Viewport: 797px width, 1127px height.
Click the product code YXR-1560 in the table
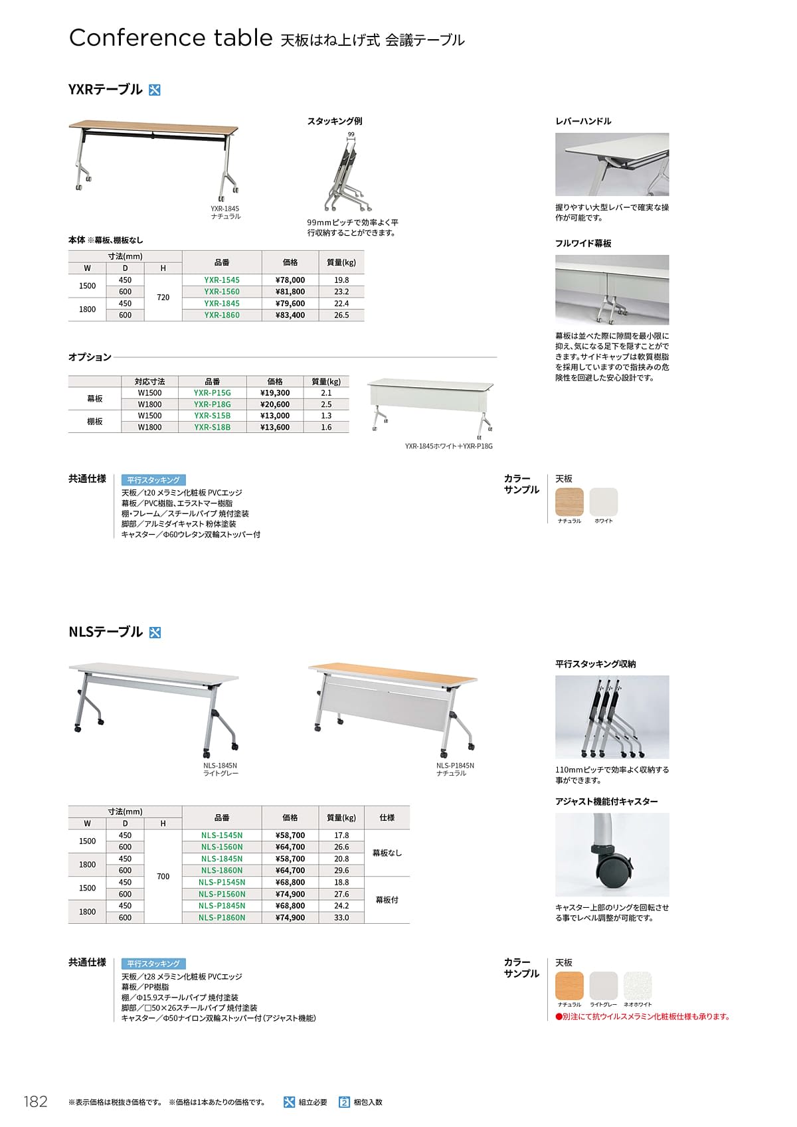(222, 292)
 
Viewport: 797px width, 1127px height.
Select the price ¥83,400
(290, 315)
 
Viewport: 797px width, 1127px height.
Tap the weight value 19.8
(341, 280)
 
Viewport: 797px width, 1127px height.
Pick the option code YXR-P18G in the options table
(213, 404)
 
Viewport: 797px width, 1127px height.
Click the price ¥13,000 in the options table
(275, 416)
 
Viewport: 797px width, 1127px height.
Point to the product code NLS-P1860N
(222, 918)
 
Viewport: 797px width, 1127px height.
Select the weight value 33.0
(341, 918)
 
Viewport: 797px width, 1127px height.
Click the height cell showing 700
(163, 877)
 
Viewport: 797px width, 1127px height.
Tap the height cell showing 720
(163, 298)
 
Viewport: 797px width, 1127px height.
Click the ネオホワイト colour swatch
(638, 986)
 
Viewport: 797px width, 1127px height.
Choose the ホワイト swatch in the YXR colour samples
(604, 501)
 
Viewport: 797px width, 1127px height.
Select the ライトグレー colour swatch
(604, 986)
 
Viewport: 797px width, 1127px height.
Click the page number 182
(36, 1102)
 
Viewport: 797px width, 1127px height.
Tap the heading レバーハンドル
(583, 121)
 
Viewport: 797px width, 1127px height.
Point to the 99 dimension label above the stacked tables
(351, 135)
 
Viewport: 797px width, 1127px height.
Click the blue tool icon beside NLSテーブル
(155, 632)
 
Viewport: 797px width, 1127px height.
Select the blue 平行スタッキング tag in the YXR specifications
(153, 479)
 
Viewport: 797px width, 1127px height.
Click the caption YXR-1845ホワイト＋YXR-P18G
(449, 446)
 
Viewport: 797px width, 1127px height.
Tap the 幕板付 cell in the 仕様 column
(387, 900)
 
